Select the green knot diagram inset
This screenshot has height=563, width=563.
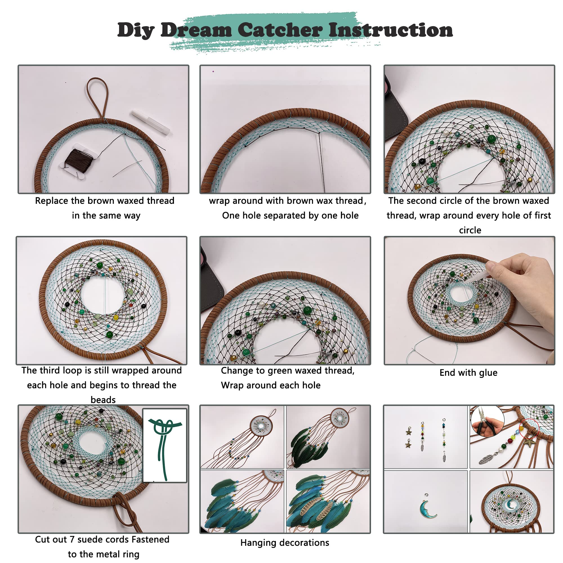pos(165,444)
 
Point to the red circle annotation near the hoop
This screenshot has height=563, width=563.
pos(529,428)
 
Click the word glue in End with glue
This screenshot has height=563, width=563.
pos(488,373)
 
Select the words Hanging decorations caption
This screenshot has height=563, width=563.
pos(284,543)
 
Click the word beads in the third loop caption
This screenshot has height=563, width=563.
pos(103,400)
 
